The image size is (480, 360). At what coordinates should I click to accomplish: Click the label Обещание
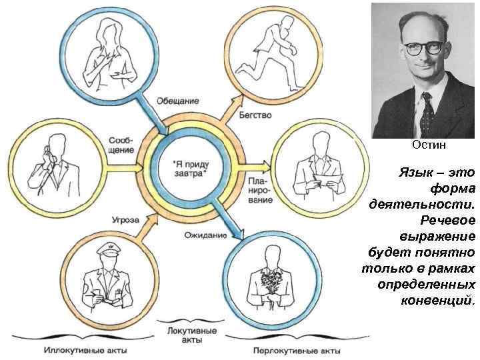click(177, 101)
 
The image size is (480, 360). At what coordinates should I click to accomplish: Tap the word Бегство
click(255, 115)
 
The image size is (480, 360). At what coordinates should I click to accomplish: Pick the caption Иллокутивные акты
click(85, 349)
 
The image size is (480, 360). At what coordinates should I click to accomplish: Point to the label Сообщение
click(121, 145)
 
